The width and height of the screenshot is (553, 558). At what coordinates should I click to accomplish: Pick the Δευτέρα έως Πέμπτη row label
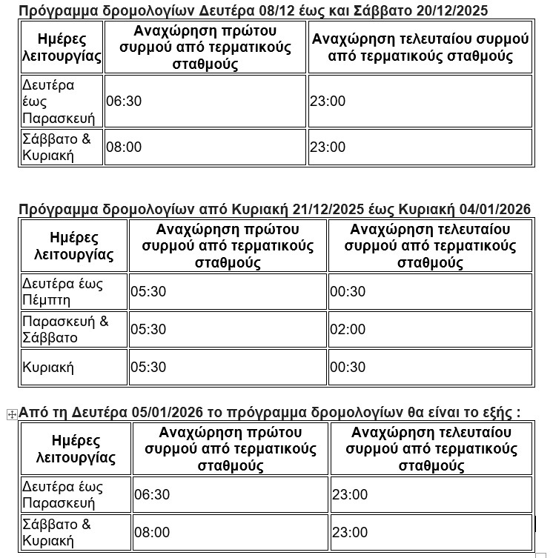pyautogui.click(x=63, y=291)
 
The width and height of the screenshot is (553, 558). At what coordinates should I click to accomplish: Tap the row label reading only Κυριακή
pyautogui.click(x=48, y=368)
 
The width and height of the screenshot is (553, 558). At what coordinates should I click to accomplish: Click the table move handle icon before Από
pyautogui.click(x=11, y=414)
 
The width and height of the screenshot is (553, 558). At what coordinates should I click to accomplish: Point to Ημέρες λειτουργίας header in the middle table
pyautogui.click(x=74, y=246)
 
